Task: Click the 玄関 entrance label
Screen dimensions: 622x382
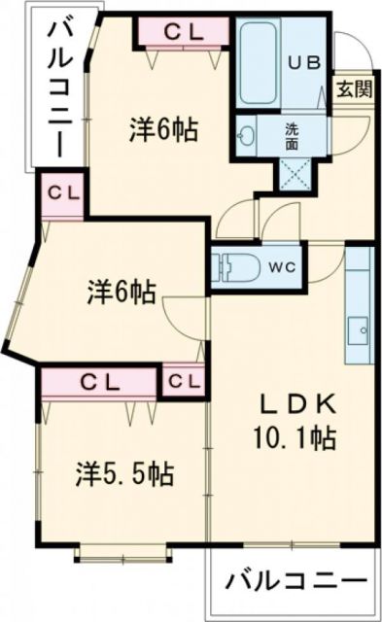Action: point(354,89)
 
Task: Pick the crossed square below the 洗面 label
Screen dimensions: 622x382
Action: point(293,170)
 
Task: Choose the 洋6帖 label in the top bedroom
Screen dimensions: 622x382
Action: point(164,128)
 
